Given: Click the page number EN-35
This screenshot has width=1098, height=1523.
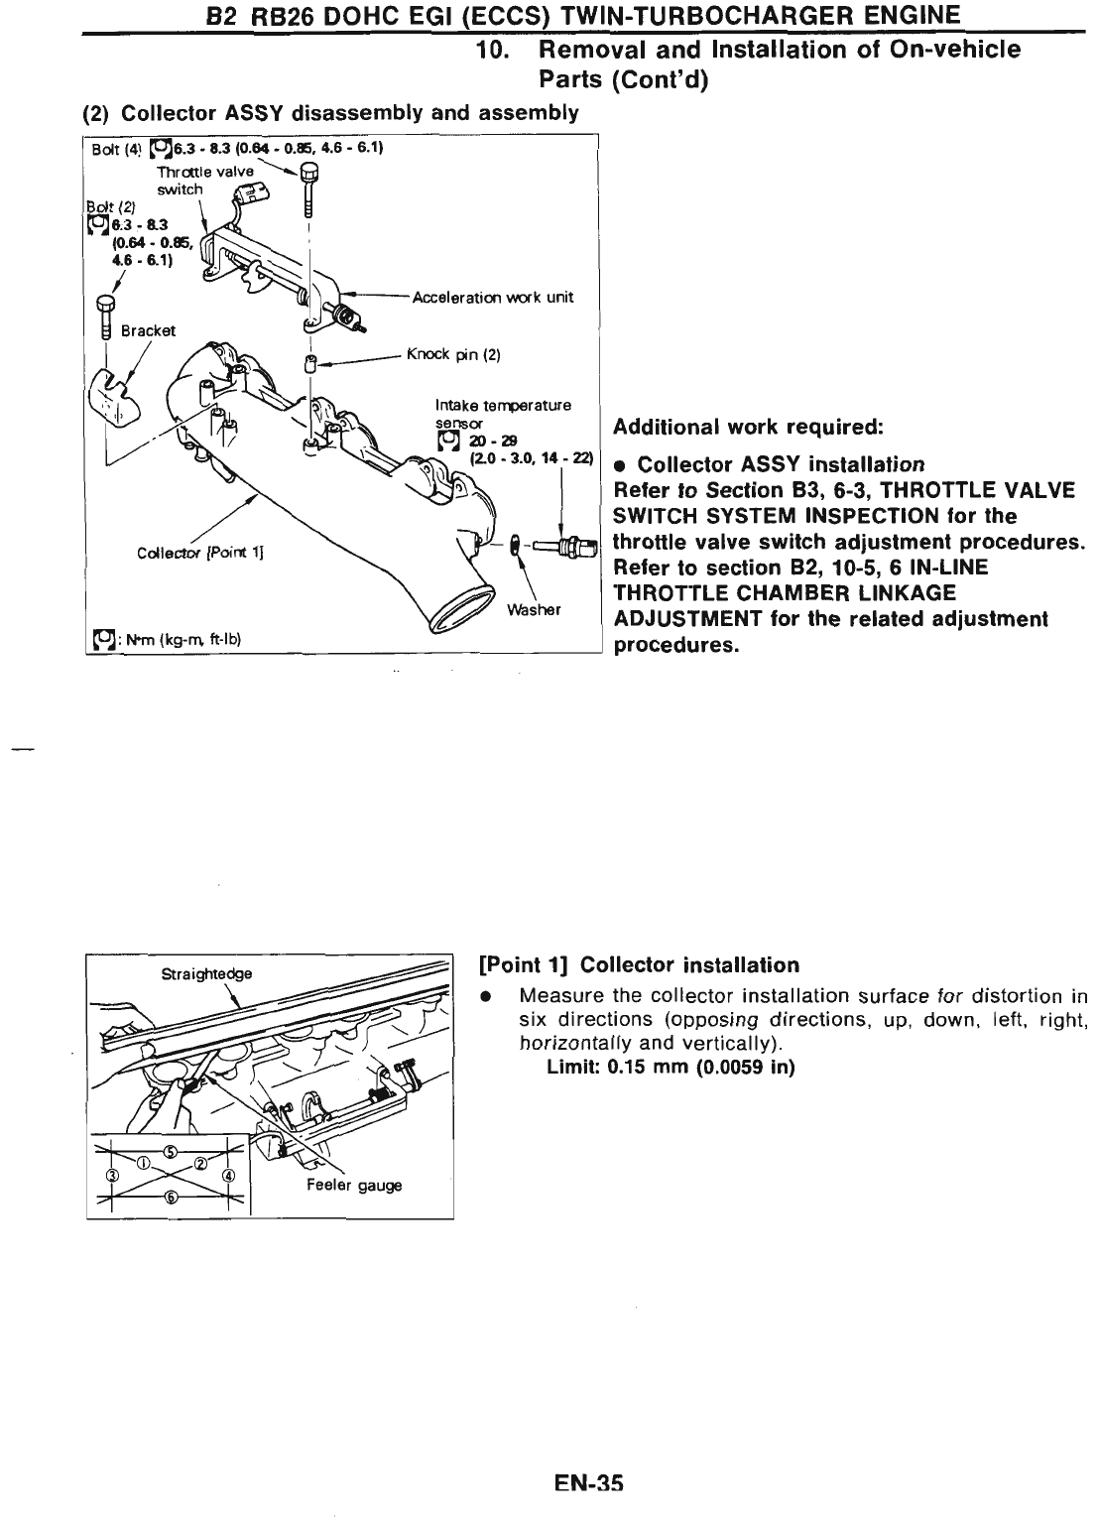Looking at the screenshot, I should coord(588,1485).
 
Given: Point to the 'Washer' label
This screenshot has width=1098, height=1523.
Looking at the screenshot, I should coord(534,609).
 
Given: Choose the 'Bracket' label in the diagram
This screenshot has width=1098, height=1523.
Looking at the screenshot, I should coord(148,330).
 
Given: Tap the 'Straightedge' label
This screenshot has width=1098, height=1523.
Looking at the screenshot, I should coord(206,973).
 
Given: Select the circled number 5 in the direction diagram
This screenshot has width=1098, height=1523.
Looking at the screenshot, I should coord(171,1151).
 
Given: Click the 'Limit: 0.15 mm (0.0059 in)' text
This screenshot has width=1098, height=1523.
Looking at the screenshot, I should coord(671,1068).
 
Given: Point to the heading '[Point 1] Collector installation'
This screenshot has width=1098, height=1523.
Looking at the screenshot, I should coord(639,964).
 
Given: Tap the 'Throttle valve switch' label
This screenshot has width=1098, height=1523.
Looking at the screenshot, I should coord(191,180).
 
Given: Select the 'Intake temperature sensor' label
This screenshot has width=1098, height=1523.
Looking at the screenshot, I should coord(503,405).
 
